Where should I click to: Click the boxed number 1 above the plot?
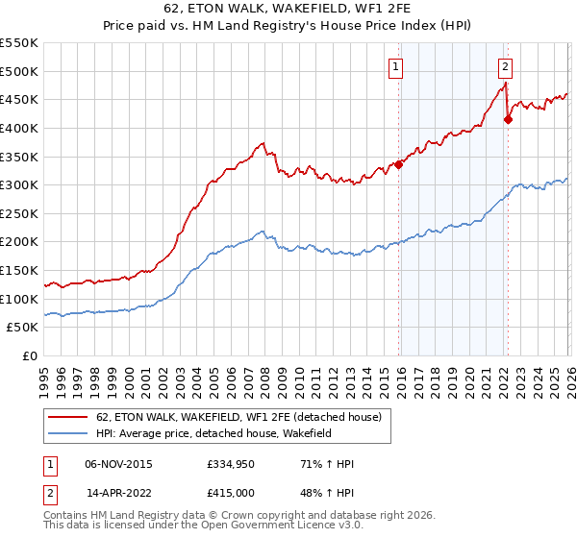pyautogui.click(x=396, y=66)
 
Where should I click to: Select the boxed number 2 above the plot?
pyautogui.click(x=505, y=66)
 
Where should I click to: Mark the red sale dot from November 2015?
pyautogui.click(x=398, y=164)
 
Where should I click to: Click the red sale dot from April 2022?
pyautogui.click(x=508, y=119)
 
